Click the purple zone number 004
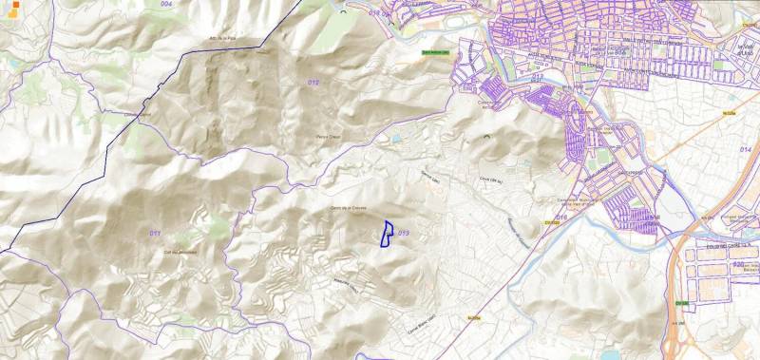click(x=166, y=5)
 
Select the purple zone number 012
click(x=313, y=83)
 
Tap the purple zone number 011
click(x=155, y=233)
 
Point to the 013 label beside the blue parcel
click(x=403, y=233)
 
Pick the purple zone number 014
click(x=745, y=150)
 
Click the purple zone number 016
click(x=561, y=218)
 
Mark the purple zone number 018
click(x=373, y=13)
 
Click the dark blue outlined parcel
click(x=387, y=234)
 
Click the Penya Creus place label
click(x=328, y=138)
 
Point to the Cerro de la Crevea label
click(x=348, y=206)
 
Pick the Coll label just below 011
click(x=180, y=252)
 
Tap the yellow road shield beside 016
click(x=549, y=223)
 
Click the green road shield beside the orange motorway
click(x=680, y=302)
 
